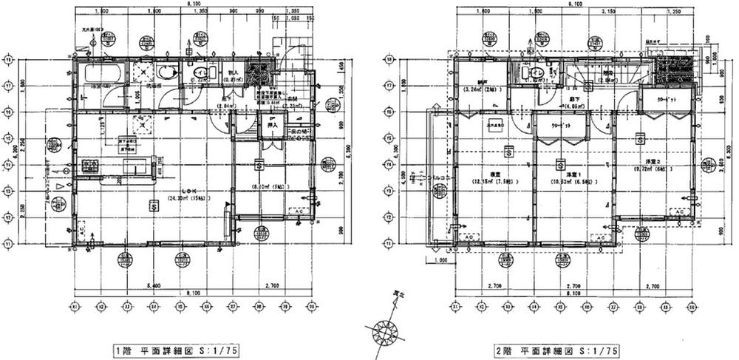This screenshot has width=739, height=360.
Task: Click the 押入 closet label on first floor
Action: pyautogui.click(x=271, y=126)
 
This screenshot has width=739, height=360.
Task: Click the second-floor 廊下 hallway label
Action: pyautogui.click(x=568, y=100)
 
